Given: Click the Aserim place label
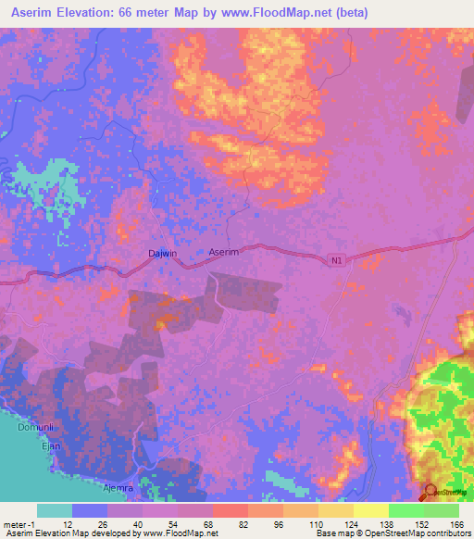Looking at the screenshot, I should pos(224,252).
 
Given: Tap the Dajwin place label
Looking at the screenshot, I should pos(162,253).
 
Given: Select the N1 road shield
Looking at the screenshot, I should pos(337,262).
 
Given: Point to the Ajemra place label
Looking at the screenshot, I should pos(118,487).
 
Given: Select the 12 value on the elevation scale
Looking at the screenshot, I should pos(67,524).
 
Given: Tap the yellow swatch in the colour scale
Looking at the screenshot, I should pos(370,510).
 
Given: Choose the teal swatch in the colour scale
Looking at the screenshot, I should pos(55,510).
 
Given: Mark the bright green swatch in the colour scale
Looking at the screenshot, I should pos(405,510).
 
